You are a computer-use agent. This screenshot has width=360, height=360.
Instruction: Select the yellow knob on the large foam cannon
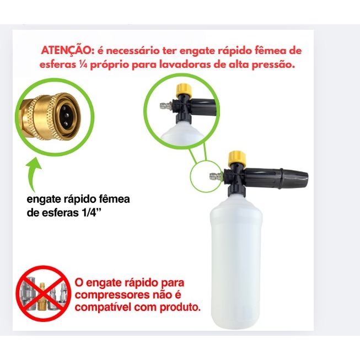point(237,158)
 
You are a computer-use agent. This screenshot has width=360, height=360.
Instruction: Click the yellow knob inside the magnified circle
point(183,90)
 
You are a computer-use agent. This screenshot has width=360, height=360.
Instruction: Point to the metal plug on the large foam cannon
point(216,176)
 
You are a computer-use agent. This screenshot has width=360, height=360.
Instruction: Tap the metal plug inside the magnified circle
point(166,106)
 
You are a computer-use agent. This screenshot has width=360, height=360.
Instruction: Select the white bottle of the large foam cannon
point(237,260)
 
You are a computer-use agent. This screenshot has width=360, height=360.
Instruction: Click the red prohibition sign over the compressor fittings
point(43,293)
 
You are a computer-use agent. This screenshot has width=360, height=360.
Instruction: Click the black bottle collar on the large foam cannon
point(237,191)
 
